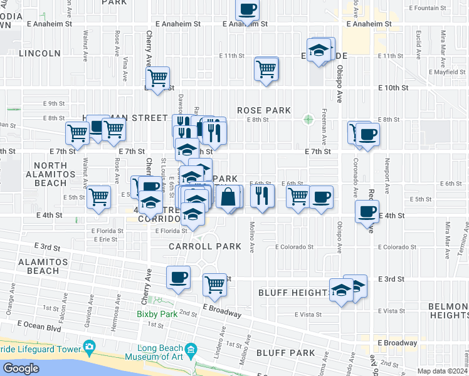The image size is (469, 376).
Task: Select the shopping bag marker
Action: point(229,197)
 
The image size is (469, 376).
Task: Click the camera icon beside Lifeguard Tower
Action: point(89,347)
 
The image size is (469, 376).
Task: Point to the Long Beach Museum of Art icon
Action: point(191,348)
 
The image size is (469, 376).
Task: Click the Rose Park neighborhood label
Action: point(263,110)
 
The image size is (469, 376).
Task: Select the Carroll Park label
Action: point(204,246)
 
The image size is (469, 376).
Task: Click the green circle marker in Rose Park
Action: point(308,119)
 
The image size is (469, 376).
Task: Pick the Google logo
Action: point(21,368)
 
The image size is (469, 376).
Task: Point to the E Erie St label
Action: point(104,239)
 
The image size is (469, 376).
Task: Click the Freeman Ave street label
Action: point(324,128)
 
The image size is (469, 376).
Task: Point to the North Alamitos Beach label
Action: point(46,174)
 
